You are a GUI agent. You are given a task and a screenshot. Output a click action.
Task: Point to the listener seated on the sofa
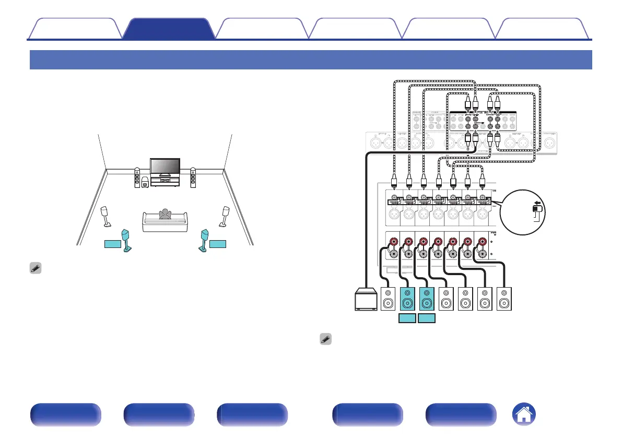coord(166,215)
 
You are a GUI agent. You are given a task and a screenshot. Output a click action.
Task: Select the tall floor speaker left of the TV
coord(137,177)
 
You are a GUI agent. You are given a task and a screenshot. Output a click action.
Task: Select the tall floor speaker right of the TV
coord(193,177)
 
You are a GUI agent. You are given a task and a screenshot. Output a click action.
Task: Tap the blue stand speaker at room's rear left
coord(126,240)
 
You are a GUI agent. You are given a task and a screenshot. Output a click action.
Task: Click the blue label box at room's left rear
coord(111,244)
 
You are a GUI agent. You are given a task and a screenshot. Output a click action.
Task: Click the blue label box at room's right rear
coord(218,244)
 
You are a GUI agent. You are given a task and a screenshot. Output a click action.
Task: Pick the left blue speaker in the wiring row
coord(407,300)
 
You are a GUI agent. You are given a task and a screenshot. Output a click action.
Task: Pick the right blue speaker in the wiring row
coord(427,300)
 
